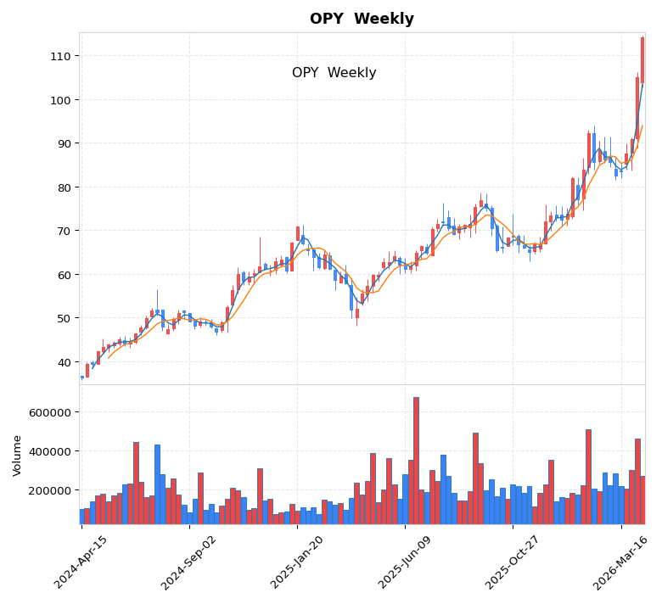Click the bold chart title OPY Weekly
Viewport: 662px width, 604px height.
tap(362, 20)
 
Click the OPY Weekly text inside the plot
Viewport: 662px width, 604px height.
tap(334, 73)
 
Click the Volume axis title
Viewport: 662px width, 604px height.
tap(17, 455)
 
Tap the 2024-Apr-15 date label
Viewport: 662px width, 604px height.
tap(81, 562)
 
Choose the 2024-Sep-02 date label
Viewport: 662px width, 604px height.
tap(189, 562)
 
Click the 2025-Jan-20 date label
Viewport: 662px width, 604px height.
tap(297, 562)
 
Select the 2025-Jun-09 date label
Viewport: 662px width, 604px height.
tap(405, 562)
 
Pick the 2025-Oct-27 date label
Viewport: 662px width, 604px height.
tap(513, 562)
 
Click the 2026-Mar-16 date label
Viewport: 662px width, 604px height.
tap(620, 562)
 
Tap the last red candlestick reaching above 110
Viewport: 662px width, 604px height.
tap(642, 59)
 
